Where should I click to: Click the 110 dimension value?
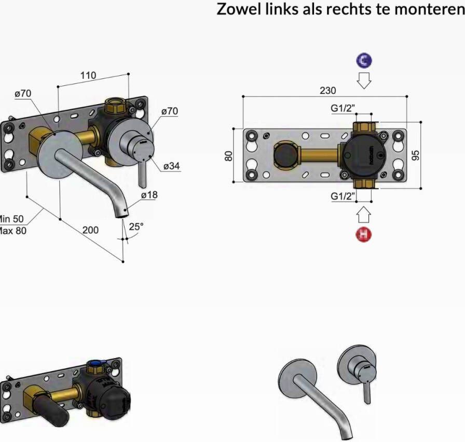coord(88,76)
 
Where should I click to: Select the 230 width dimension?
coord(327,90)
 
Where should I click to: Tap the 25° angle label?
coord(136,226)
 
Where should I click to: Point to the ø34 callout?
coord(172,166)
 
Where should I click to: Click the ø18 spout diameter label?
coord(149,195)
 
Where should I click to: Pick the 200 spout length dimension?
coord(90,230)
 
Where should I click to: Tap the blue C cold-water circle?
coord(364,61)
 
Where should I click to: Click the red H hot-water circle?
coord(364,234)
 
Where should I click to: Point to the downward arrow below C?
coord(364,80)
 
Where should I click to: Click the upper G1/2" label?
coord(343,108)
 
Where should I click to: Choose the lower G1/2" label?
coord(343,196)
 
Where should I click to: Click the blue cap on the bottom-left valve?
coord(97,364)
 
